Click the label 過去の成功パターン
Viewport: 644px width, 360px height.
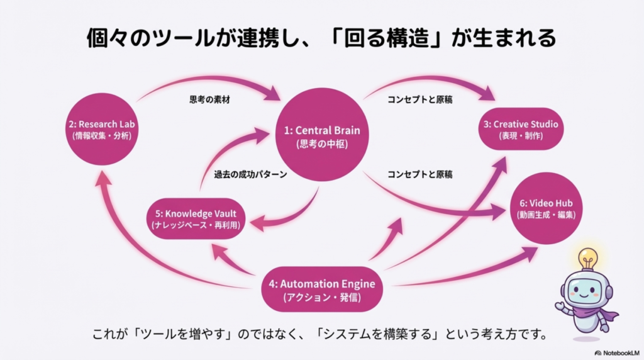pos(250,174)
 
